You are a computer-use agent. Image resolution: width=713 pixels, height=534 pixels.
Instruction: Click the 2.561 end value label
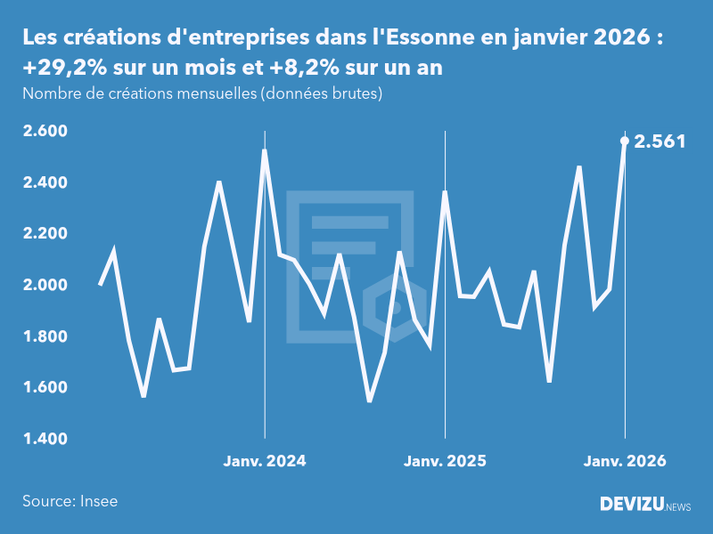tap(660, 141)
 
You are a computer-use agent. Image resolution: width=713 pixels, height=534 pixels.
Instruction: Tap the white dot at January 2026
tap(624, 141)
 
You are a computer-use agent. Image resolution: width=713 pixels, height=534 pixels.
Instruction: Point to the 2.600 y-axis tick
tap(45, 132)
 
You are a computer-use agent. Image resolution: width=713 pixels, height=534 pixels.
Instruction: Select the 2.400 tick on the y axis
tap(45, 182)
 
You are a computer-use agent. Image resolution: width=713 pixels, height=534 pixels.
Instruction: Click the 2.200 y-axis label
tap(45, 234)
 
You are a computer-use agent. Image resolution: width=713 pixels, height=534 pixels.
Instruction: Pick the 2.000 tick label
tap(45, 285)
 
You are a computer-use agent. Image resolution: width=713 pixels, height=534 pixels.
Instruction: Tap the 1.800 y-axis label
tap(45, 336)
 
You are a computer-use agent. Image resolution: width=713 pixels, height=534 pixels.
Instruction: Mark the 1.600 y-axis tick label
tap(45, 387)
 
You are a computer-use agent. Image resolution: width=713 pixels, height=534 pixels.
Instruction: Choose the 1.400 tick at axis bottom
tap(45, 439)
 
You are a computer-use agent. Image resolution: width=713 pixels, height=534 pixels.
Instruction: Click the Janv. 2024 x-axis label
tap(265, 461)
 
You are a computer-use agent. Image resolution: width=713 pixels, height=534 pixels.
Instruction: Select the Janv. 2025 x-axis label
tap(445, 461)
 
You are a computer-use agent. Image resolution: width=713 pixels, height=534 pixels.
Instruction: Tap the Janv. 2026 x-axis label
tap(624, 461)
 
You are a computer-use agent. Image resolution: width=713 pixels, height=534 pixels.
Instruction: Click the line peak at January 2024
tap(265, 151)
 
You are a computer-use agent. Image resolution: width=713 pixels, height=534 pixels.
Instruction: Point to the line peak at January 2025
tap(445, 192)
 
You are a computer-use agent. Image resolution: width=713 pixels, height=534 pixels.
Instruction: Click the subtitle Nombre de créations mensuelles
tap(202, 93)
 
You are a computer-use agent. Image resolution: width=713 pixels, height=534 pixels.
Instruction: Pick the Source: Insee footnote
tap(70, 501)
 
